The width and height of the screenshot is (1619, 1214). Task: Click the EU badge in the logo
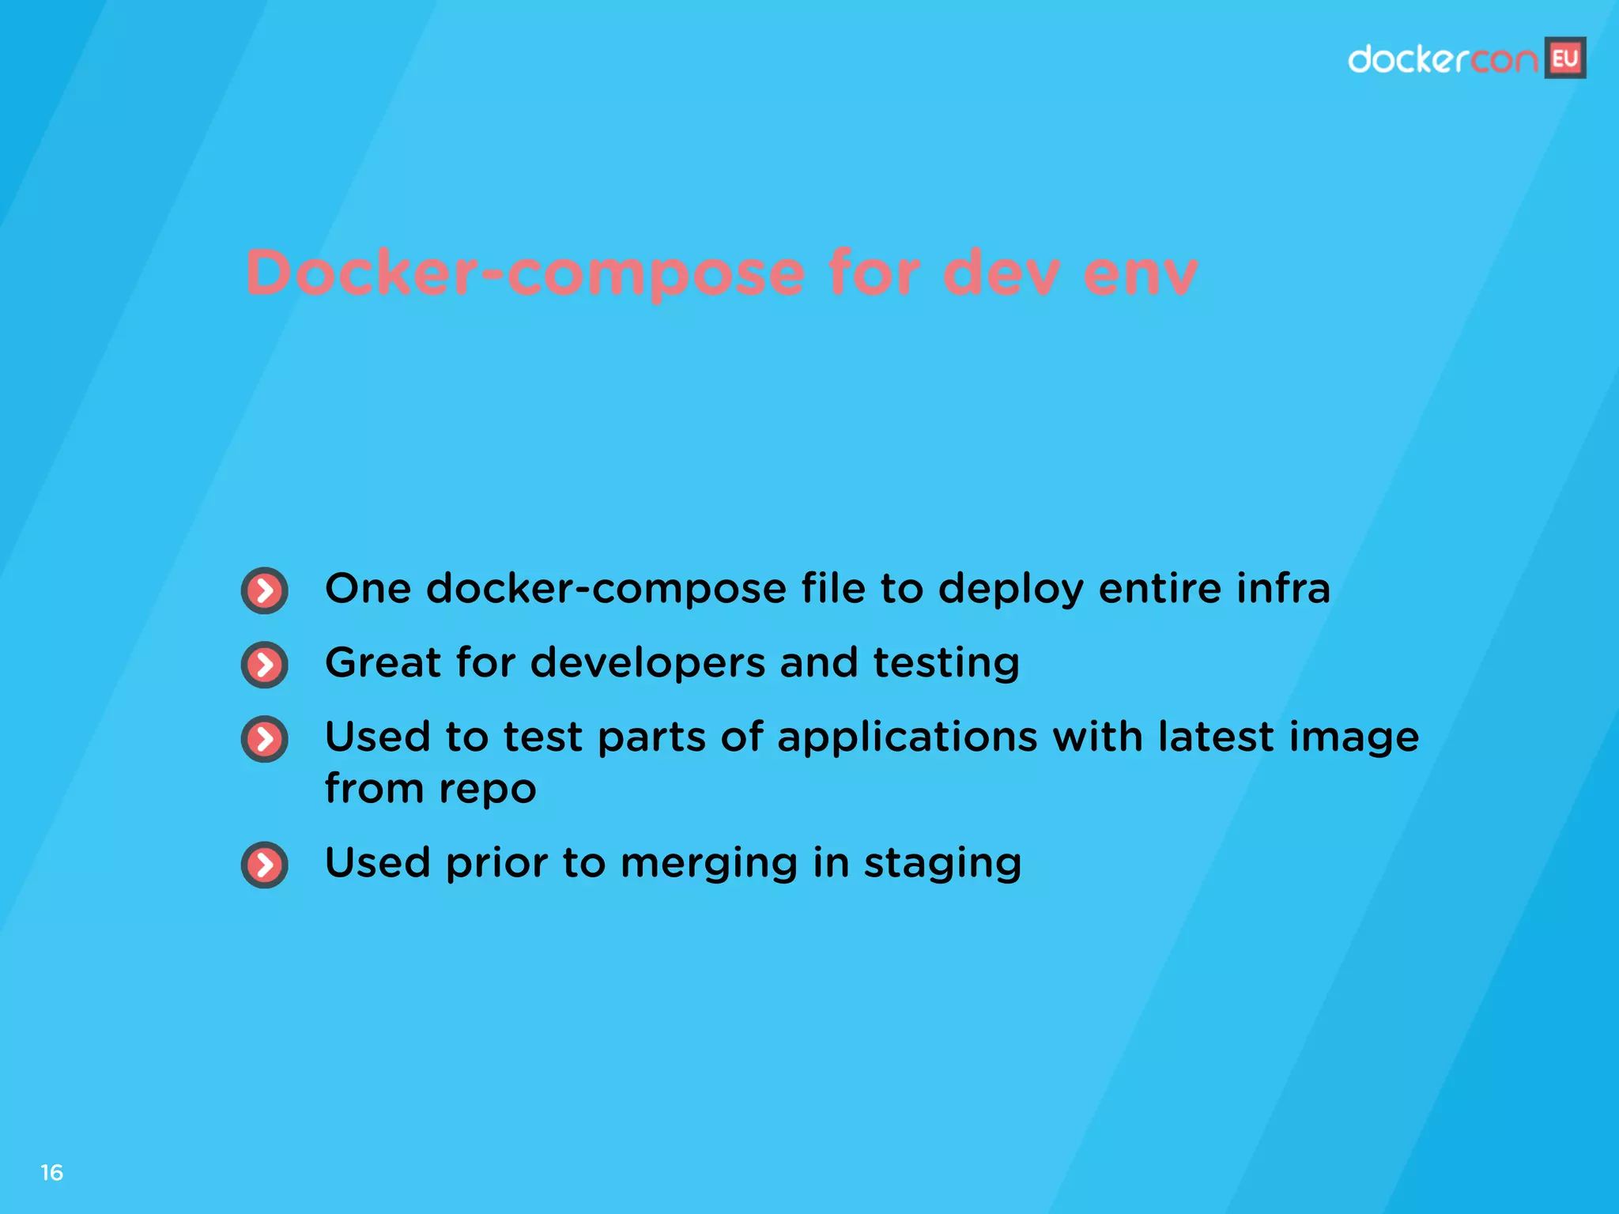(1565, 58)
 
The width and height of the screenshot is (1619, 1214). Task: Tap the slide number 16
(52, 1173)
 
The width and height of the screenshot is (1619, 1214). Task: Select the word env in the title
(1140, 273)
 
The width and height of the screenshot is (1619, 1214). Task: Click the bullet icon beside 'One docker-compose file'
(265, 590)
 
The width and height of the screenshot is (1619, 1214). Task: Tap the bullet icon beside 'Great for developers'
(265, 665)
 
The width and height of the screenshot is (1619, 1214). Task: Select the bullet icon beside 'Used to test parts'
(265, 739)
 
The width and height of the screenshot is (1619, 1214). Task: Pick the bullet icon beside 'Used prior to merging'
(265, 865)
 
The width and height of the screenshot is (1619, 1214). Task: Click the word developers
(647, 663)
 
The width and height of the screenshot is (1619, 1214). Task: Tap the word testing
(946, 663)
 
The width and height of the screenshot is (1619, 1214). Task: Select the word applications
(907, 738)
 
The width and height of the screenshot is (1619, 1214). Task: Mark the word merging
(709, 863)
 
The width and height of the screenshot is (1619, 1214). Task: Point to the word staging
(942, 863)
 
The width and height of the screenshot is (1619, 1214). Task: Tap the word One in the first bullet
(368, 589)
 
